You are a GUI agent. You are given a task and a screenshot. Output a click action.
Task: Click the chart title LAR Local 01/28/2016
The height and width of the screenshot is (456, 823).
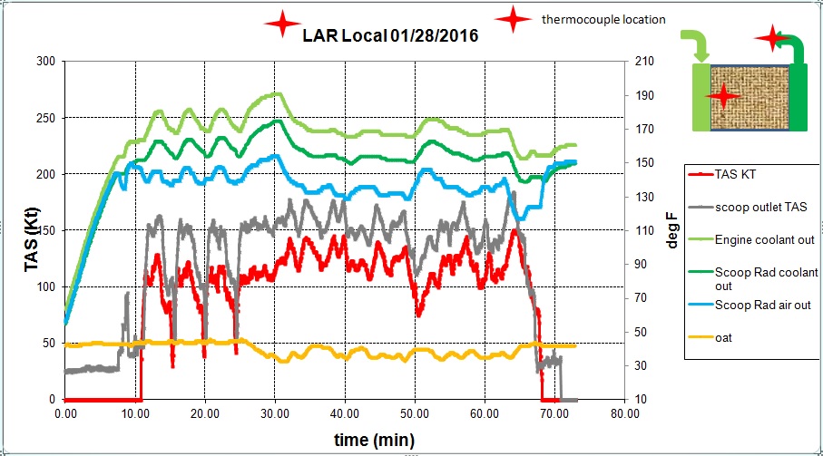coord(390,35)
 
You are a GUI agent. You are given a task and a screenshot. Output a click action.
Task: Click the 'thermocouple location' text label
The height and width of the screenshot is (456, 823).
coord(603,19)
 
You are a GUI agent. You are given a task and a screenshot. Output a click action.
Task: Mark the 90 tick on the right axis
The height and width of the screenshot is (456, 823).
coord(642,264)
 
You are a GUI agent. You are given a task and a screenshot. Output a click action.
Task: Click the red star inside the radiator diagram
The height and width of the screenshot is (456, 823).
coord(723,94)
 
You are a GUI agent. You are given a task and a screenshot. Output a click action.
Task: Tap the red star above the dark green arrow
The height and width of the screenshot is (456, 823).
coord(772,38)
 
